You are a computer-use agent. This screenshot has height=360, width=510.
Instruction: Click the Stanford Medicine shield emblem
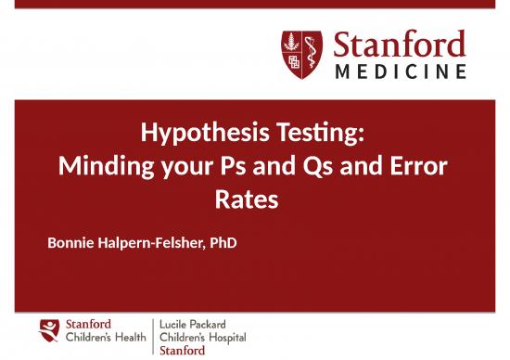(x=302, y=54)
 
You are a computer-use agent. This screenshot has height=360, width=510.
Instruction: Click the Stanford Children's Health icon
(x=49, y=330)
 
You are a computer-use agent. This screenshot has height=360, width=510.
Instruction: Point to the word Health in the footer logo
(x=130, y=337)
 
